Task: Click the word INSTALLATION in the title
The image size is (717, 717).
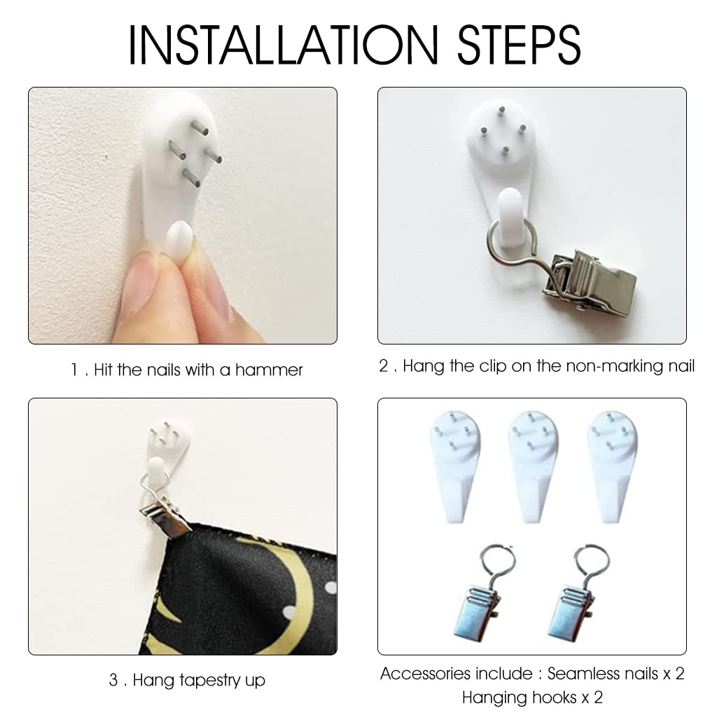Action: [x=283, y=44]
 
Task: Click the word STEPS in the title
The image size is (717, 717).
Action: [x=519, y=44]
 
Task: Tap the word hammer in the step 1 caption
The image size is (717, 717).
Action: [x=269, y=370]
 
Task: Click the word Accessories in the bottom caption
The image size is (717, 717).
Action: [x=456, y=674]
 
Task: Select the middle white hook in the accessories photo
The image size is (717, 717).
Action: [x=533, y=466]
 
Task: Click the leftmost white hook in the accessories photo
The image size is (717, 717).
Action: [x=455, y=466]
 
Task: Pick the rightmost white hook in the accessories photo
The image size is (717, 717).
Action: [x=611, y=466]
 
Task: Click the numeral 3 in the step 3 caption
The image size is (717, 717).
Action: [x=114, y=681]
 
